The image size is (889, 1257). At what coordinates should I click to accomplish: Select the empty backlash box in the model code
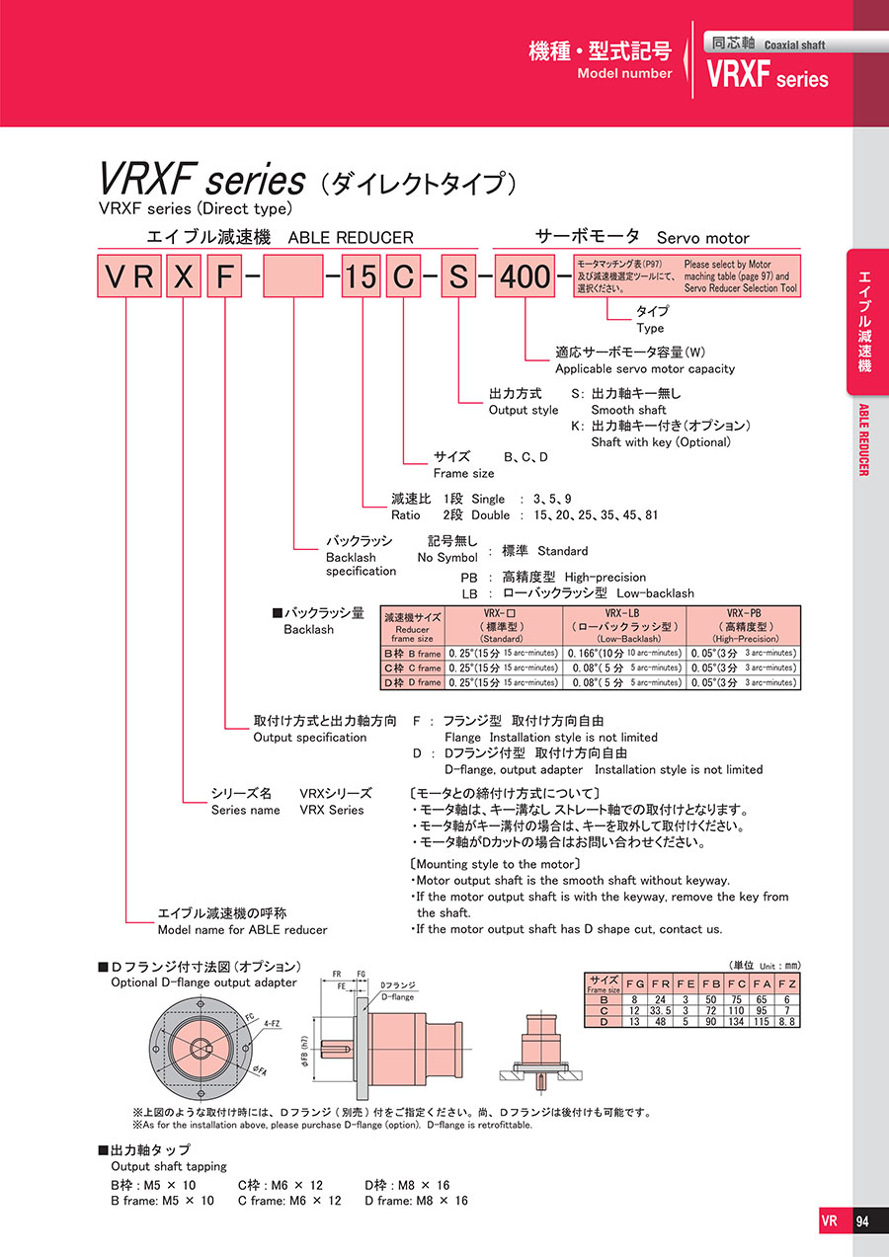[x=293, y=275]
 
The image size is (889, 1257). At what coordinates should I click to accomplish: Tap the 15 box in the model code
[x=361, y=275]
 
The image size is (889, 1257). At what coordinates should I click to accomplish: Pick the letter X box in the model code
[x=183, y=275]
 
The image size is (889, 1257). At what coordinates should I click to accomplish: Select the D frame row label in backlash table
[x=412, y=682]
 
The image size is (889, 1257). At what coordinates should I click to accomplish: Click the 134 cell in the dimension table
[x=736, y=1021]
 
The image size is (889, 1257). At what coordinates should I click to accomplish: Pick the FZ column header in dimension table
[x=786, y=984]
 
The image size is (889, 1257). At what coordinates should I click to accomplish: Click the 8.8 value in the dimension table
[x=786, y=1021]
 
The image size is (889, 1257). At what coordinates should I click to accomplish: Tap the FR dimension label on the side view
[x=338, y=973]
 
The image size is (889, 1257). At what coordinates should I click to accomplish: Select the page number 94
[x=862, y=1220]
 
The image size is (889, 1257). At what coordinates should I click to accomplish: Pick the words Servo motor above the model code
[x=702, y=238]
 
